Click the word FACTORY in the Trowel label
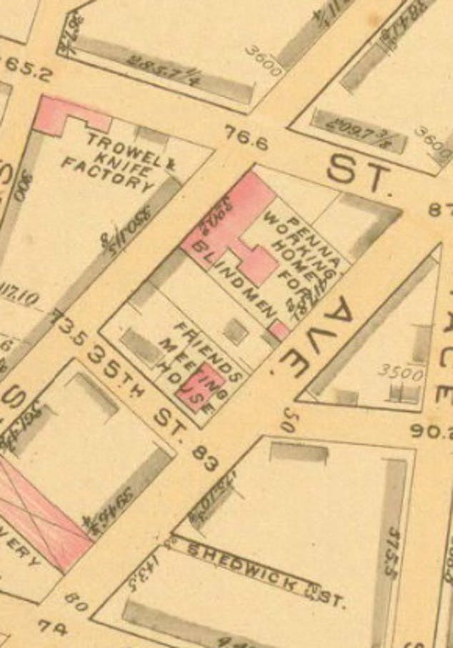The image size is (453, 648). (107, 174)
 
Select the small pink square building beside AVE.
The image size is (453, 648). (279, 329)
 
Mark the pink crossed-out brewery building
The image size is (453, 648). (43, 514)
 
